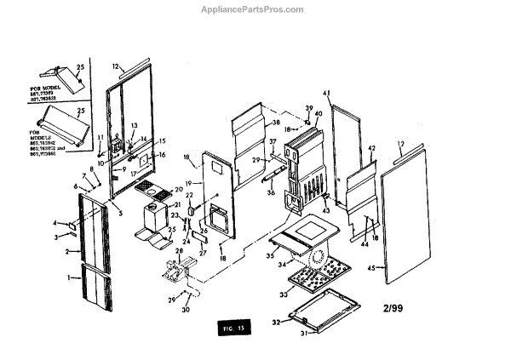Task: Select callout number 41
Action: coord(326,92)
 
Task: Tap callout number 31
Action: coord(306,333)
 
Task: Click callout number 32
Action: coord(275,323)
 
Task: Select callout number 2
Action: coord(66,252)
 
